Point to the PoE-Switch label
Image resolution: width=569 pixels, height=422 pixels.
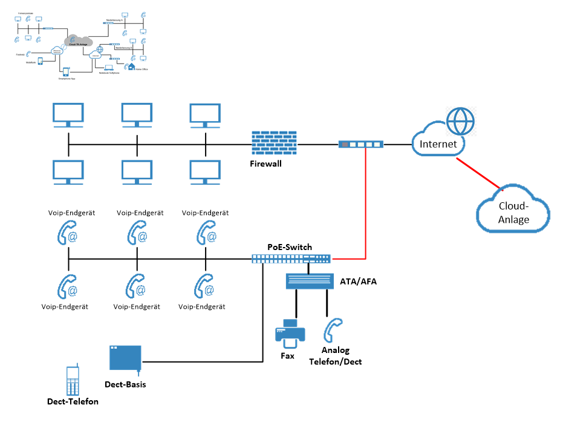pos(290,247)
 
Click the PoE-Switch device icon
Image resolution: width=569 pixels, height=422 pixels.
pos(291,259)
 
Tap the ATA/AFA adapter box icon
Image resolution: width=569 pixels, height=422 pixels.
pos(310,281)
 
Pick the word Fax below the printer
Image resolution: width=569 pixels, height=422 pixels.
pos(288,356)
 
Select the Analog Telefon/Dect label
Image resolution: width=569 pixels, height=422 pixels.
pos(341,356)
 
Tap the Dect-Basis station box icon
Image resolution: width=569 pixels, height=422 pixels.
pos(125,358)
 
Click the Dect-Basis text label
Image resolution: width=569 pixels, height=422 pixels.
pos(125,384)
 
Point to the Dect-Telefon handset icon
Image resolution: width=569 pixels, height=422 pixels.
pos(72,381)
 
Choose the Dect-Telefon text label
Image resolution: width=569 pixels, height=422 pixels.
pos(73,401)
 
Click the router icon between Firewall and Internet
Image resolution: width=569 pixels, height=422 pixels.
pos(361,145)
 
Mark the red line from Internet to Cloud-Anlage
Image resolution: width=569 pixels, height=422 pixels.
pos(478,174)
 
